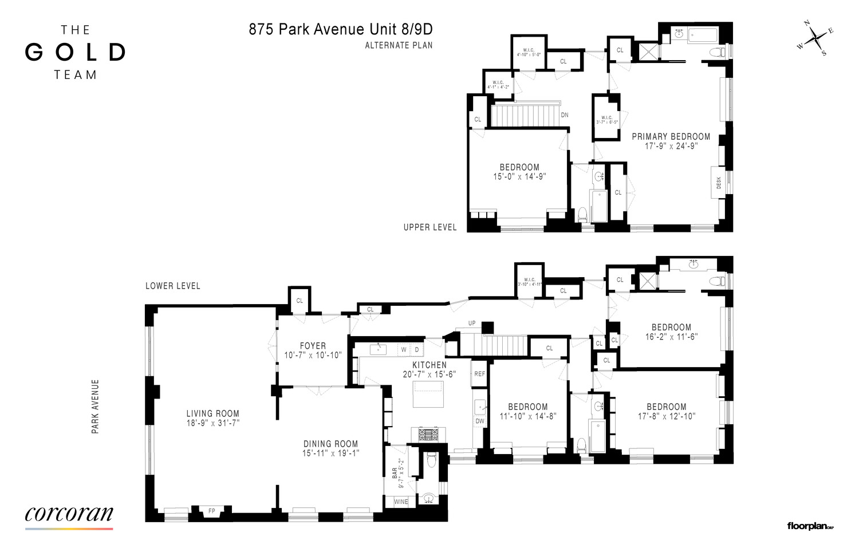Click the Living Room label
(x=212, y=413)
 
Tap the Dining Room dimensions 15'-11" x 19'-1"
(x=330, y=453)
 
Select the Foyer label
(x=313, y=346)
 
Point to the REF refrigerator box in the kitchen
(x=479, y=374)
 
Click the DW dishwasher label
(x=479, y=421)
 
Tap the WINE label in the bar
(x=401, y=502)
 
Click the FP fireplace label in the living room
(x=211, y=510)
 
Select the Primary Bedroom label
(x=671, y=136)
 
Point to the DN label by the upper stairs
(x=565, y=115)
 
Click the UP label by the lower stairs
(x=472, y=324)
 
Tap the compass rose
(x=815, y=41)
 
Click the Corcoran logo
(x=69, y=514)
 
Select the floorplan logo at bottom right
(x=810, y=526)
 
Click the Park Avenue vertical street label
(x=96, y=406)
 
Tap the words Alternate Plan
(x=399, y=45)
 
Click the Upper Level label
(x=429, y=227)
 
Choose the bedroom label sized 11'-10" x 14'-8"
(x=527, y=407)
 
